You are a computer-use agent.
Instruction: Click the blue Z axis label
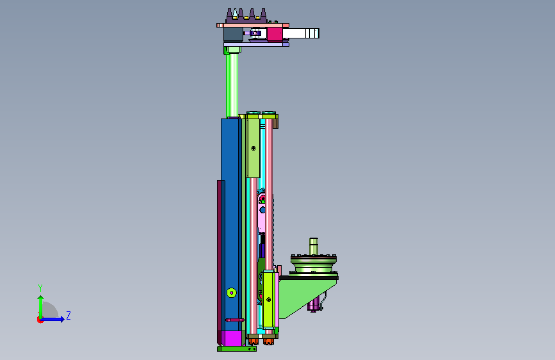click(x=68, y=315)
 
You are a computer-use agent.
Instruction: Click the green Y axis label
click(x=40, y=288)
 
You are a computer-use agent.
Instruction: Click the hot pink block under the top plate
click(x=275, y=35)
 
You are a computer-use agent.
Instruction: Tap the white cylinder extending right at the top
click(x=300, y=33)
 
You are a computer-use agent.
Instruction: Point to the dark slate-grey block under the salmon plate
click(x=233, y=35)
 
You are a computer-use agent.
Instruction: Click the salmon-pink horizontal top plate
click(x=253, y=25)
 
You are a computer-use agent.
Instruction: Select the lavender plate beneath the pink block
click(x=256, y=45)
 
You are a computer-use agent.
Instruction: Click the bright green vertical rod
click(x=232, y=85)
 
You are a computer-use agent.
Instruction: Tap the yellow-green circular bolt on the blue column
click(x=232, y=293)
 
